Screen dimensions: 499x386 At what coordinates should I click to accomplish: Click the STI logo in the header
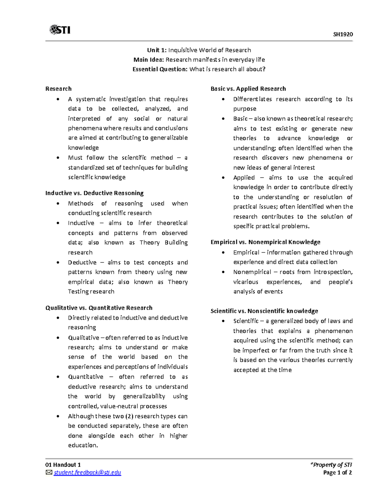60,30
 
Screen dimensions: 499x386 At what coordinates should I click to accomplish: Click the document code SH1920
343,34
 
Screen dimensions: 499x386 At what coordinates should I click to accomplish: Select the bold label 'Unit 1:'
157,50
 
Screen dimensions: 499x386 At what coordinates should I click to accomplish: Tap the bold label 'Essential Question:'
160,69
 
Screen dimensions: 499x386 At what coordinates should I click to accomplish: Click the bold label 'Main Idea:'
149,59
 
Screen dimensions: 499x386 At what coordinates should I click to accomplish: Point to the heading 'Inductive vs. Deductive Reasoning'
94,193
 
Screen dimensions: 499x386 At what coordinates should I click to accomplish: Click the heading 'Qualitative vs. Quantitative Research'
99,308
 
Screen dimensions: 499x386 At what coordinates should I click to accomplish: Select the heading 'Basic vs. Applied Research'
248,89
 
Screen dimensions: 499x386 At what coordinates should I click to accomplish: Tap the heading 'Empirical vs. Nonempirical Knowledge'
265,242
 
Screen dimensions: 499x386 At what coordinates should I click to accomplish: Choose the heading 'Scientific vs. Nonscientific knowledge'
264,311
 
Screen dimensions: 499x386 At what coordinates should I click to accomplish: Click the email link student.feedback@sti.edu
87,472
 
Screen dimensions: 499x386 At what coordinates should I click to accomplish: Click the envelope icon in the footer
49,472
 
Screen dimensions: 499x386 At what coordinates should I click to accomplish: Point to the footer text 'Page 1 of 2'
337,472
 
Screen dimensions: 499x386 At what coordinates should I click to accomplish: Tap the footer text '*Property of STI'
331,465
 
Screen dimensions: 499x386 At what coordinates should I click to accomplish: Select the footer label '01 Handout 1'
63,465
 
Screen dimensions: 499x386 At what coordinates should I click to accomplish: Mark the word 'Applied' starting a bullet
244,178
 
